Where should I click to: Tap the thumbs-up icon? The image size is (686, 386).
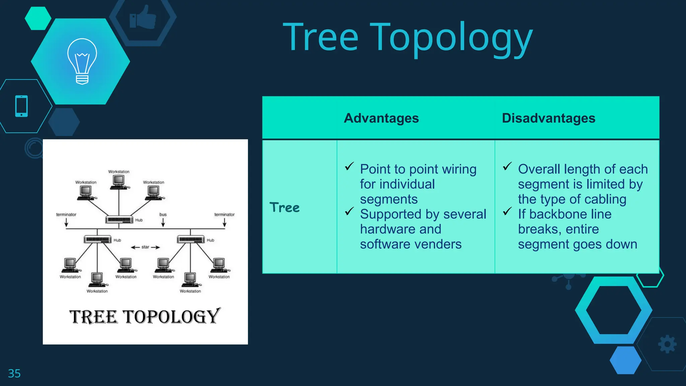143,17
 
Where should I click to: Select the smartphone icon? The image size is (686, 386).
21,106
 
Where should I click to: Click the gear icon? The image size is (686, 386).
667,344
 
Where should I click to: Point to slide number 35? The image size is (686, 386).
14,373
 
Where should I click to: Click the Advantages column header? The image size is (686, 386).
381,118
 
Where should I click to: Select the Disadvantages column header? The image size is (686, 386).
548,118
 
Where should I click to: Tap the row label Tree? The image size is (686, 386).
284,208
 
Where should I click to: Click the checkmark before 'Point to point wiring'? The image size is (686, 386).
349,166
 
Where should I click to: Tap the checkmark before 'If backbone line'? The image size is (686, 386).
507,211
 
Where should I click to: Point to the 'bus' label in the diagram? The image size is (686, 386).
163,214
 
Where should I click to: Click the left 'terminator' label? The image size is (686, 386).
66,214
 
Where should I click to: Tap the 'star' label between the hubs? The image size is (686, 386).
145,247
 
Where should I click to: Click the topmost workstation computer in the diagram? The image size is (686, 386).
119,181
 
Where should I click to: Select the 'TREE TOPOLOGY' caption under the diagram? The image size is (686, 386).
145,317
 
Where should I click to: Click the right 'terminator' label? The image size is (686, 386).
224,214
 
